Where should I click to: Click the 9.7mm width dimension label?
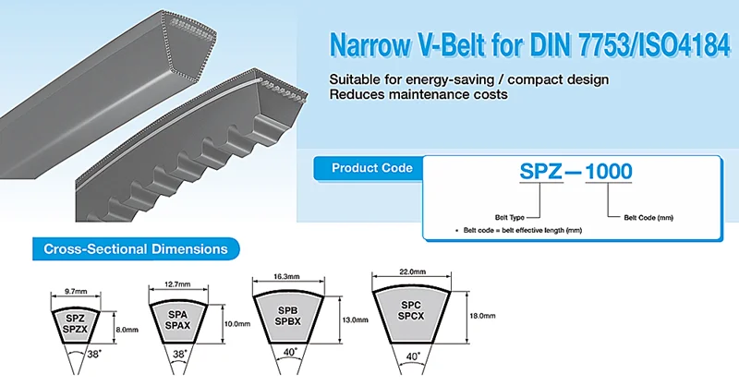tap(76, 291)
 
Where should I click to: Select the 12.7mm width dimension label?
tap(178, 283)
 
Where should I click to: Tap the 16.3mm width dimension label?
tap(286, 277)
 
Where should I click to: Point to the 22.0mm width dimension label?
tap(413, 271)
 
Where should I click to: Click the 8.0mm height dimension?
tap(127, 330)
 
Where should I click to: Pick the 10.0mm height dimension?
tap(237, 324)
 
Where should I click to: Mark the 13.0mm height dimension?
tap(355, 320)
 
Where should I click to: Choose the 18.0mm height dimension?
tap(482, 316)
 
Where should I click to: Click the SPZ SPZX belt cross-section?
tap(76, 324)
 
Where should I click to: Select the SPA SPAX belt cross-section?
tap(178, 321)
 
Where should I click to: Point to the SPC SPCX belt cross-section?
tap(411, 313)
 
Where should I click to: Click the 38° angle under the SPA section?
tap(179, 354)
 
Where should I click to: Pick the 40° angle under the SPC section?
tap(412, 356)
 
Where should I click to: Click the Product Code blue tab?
tap(369, 168)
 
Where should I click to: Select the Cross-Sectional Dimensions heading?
tap(136, 248)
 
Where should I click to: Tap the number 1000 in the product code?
tap(609, 172)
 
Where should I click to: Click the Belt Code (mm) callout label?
tap(648, 218)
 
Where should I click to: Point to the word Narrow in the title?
tap(370, 45)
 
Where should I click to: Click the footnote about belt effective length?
tap(519, 231)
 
